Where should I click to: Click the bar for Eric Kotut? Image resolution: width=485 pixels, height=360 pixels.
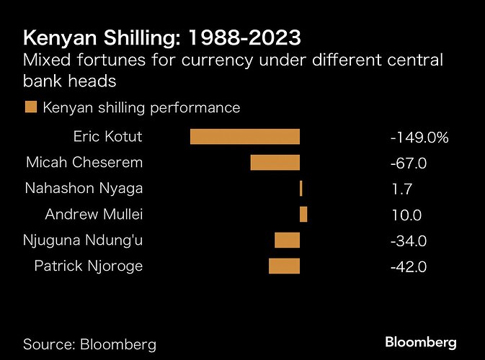pyautogui.click(x=244, y=137)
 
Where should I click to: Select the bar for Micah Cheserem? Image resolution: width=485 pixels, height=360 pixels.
pyautogui.click(x=275, y=163)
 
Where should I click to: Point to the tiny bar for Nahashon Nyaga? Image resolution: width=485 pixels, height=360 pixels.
pyautogui.click(x=301, y=189)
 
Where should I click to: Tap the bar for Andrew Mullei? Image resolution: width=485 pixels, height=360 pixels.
pyautogui.click(x=303, y=215)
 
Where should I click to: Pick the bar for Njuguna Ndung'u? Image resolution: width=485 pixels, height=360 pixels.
pyautogui.click(x=287, y=240)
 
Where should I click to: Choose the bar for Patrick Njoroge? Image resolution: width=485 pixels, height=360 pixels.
pyautogui.click(x=284, y=266)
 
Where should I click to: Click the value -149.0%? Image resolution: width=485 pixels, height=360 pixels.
pyautogui.click(x=419, y=138)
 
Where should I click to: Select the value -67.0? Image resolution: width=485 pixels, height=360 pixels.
pyautogui.click(x=409, y=163)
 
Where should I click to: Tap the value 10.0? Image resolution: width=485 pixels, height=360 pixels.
pyautogui.click(x=405, y=215)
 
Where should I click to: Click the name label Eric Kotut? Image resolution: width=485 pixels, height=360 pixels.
pyautogui.click(x=107, y=137)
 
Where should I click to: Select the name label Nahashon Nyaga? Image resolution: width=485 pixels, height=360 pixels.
pyautogui.click(x=84, y=189)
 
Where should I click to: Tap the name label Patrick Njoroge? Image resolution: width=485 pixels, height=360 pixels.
pyautogui.click(x=89, y=266)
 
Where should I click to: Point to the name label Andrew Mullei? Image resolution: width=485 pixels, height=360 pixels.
pyautogui.click(x=94, y=215)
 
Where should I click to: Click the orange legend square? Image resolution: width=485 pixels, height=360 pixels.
pyautogui.click(x=31, y=108)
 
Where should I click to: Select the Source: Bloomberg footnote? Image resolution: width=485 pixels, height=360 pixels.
pyautogui.click(x=90, y=343)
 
